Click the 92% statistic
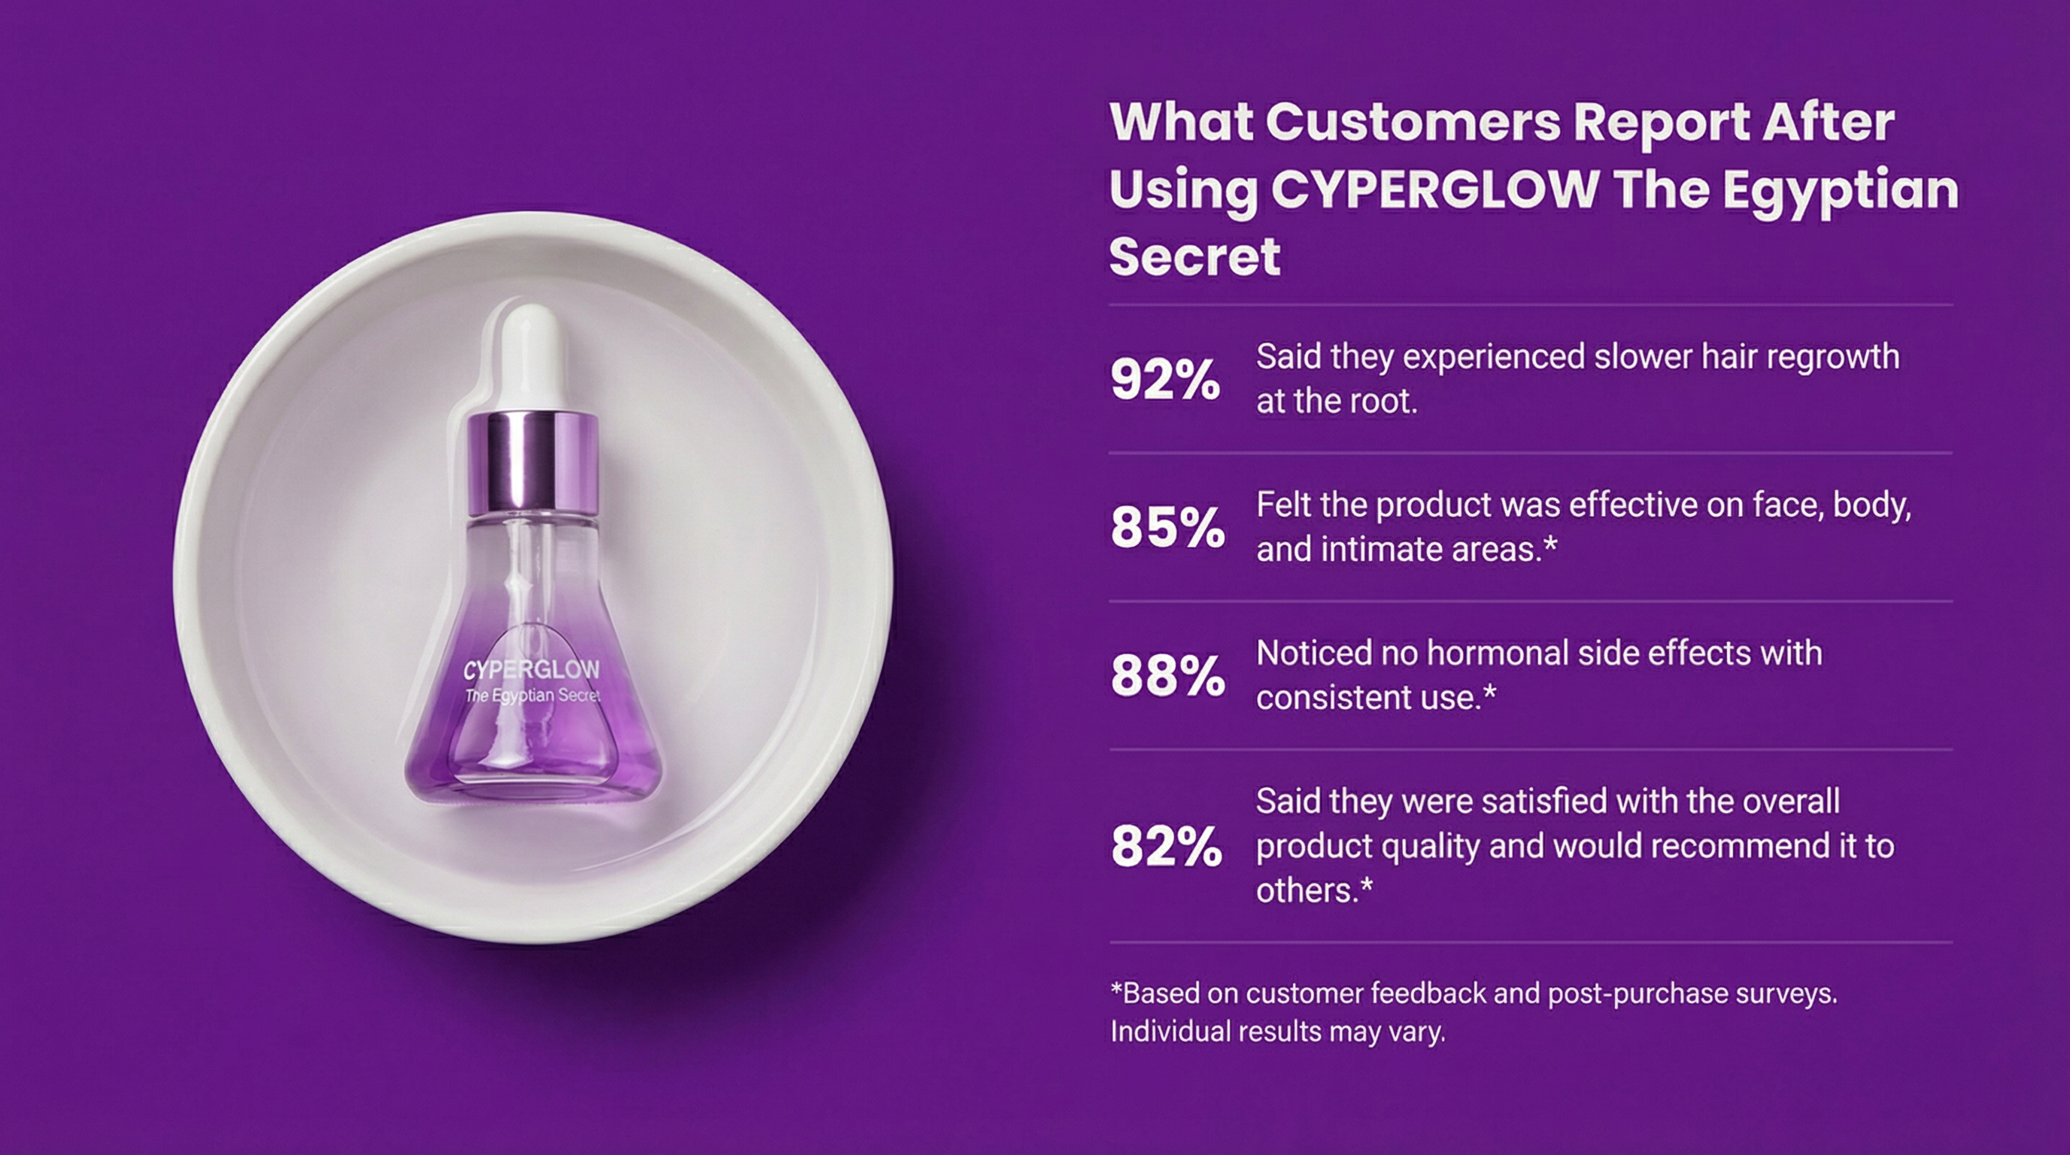1164,379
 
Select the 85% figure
1167,528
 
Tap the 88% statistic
1167,675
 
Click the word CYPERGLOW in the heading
1434,189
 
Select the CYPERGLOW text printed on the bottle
531,670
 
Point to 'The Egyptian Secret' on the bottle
533,696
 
